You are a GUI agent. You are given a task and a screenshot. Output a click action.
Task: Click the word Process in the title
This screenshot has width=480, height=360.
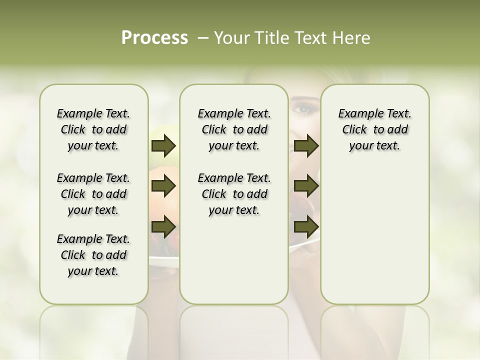click(x=154, y=38)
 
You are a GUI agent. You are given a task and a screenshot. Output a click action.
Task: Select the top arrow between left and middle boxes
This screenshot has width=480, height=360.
click(x=163, y=146)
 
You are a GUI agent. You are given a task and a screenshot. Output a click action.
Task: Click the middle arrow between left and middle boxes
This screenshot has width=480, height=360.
click(x=163, y=186)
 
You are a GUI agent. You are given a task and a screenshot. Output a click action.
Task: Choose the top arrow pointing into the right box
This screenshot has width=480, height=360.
click(x=306, y=146)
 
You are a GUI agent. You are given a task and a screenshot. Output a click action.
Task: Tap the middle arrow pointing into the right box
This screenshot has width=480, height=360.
click(x=306, y=186)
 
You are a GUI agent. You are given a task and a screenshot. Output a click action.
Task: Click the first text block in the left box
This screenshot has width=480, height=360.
click(x=93, y=129)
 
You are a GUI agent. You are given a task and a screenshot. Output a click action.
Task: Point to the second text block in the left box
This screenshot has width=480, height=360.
click(x=93, y=194)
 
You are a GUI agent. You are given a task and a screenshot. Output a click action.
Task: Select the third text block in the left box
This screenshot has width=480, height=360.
click(x=93, y=255)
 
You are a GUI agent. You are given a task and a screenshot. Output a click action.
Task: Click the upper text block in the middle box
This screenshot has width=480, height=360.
click(x=234, y=129)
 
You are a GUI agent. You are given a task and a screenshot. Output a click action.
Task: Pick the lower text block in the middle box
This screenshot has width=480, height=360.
click(x=234, y=194)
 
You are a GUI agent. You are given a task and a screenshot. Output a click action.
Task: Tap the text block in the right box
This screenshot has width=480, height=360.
click(x=374, y=129)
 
